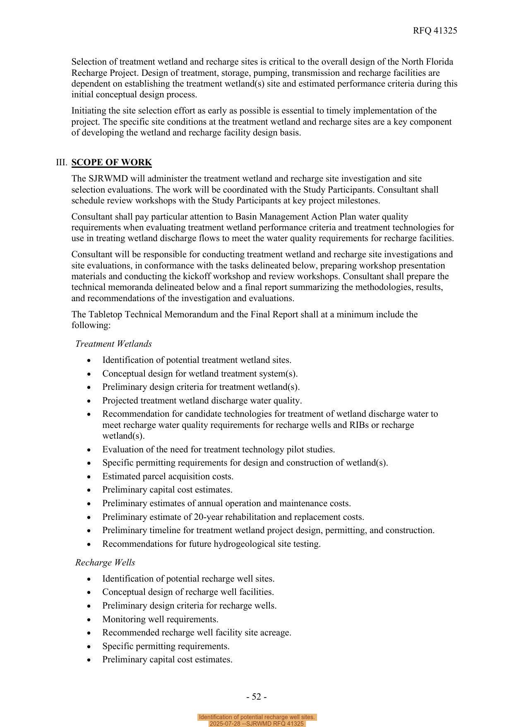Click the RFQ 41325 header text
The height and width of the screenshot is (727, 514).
[435, 31]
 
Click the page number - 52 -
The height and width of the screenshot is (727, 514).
[256, 697]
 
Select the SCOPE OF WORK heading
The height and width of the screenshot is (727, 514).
[111, 162]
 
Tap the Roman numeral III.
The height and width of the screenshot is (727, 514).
[61, 162]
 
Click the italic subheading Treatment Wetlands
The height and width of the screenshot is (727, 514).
[113, 344]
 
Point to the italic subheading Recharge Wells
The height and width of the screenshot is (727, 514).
[105, 563]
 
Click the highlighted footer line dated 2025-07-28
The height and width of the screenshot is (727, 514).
[257, 724]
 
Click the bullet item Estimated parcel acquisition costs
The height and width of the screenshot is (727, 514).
[168, 476]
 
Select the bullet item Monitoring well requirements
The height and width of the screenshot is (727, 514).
[160, 619]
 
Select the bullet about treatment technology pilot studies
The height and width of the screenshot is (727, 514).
[219, 449]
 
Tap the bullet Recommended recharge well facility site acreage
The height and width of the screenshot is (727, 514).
[197, 633]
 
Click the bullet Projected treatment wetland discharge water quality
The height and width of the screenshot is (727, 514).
[202, 401]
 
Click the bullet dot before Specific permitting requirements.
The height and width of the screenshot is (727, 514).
[89, 647]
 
